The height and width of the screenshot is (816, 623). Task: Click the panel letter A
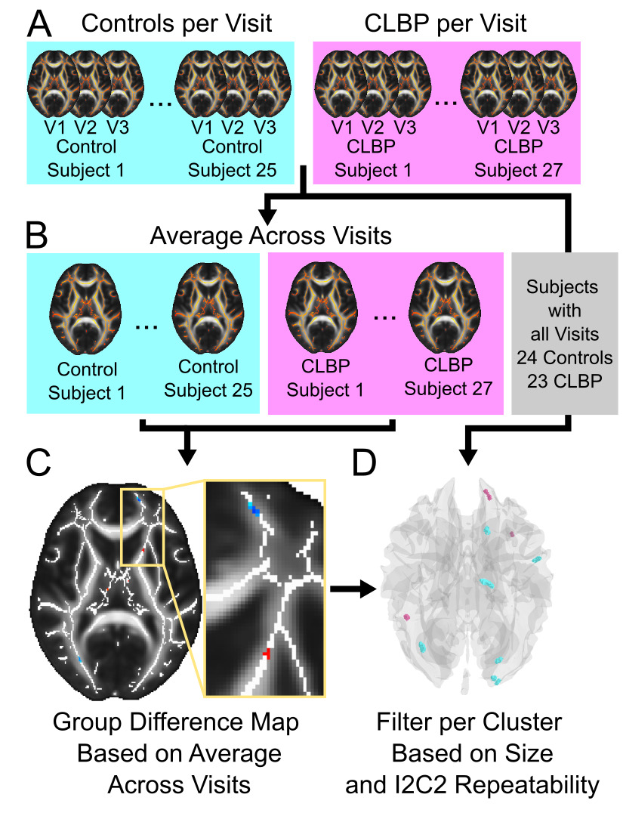[x=39, y=24]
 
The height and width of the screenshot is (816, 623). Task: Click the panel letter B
[x=37, y=235]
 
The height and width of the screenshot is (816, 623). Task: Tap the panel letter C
[x=39, y=462]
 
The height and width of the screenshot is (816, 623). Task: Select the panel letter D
[x=364, y=462]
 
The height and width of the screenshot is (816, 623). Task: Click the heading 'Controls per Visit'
[x=177, y=23]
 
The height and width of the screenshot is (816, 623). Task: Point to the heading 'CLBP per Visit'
[x=445, y=23]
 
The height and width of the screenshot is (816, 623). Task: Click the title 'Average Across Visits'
[x=270, y=236]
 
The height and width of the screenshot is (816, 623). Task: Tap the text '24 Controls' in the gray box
[x=565, y=357]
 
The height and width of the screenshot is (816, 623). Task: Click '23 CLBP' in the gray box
[x=565, y=381]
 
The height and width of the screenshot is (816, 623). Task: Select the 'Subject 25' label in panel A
[x=233, y=170]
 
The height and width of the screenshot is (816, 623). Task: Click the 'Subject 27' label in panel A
[x=519, y=170]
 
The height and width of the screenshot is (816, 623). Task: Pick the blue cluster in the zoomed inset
[x=253, y=508]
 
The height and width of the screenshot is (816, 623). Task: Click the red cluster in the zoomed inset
[x=267, y=653]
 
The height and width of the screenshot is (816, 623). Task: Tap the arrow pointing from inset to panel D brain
[x=353, y=589]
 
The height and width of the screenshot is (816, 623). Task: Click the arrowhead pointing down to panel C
[x=187, y=456]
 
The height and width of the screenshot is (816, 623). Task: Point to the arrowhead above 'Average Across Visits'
[x=268, y=215]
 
